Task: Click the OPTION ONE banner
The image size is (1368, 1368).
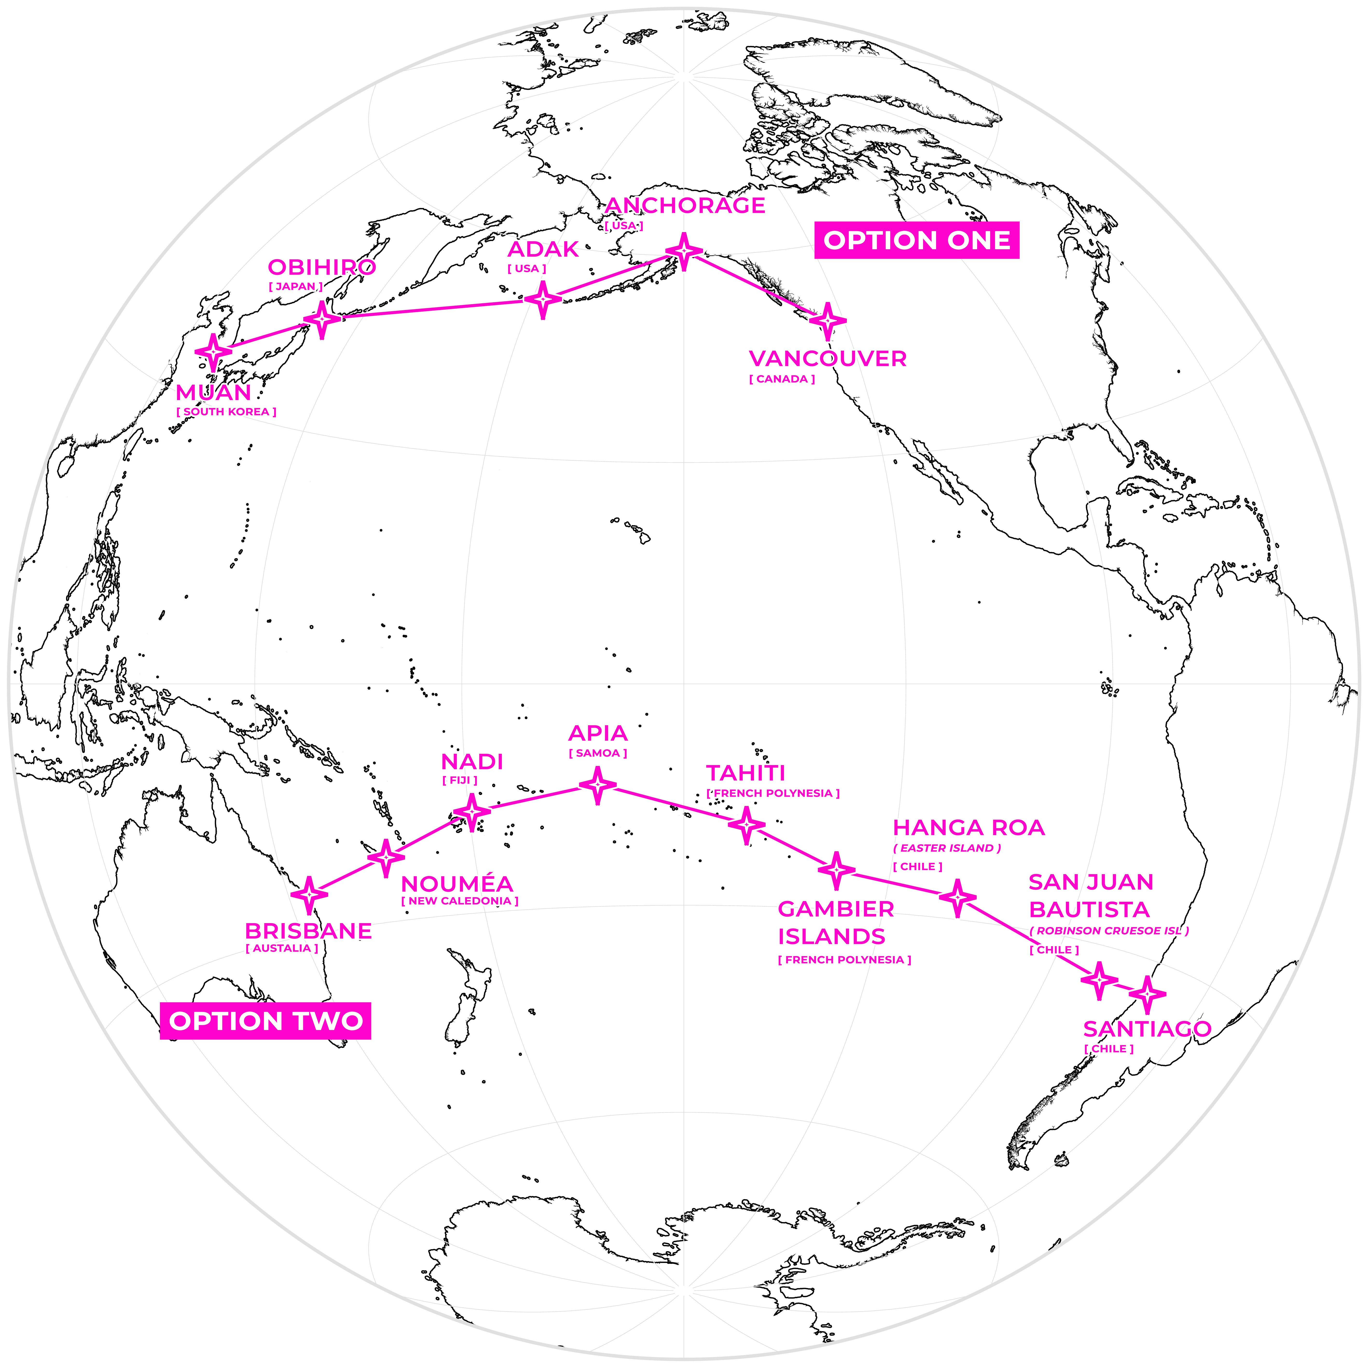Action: coord(916,240)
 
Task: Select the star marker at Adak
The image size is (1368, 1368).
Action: coord(542,299)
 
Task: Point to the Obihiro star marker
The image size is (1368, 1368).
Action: coord(322,319)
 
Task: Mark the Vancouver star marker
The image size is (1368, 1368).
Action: coord(827,321)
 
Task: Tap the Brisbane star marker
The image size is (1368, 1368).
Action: coord(309,894)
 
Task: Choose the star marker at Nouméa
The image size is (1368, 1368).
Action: coord(386,857)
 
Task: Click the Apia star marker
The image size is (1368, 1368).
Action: coord(598,785)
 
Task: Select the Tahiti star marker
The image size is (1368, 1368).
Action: coord(746,825)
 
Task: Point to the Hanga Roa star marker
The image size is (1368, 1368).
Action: coord(957,898)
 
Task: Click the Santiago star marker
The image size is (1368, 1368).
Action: coord(1147,994)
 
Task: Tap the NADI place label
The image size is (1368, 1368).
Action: coord(472,762)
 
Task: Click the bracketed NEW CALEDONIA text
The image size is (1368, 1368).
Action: coord(460,901)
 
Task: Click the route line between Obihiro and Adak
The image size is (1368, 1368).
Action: coord(432,309)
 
